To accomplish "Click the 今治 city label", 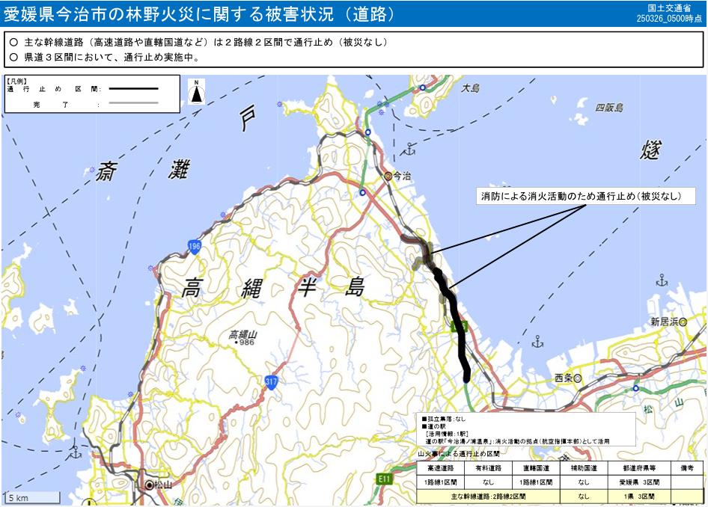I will pyautogui.click(x=402, y=176).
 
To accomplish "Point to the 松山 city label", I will pyautogui.click(x=164, y=485).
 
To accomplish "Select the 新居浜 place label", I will pyautogui.click(x=665, y=322).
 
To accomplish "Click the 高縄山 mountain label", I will pyautogui.click(x=242, y=334).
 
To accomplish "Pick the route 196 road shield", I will pyautogui.click(x=194, y=248).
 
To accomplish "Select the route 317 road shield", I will pyautogui.click(x=271, y=381).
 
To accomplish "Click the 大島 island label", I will pyautogui.click(x=470, y=88).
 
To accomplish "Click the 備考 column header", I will pyautogui.click(x=687, y=467).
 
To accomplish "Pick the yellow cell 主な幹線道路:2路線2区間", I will pyautogui.click(x=489, y=496).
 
